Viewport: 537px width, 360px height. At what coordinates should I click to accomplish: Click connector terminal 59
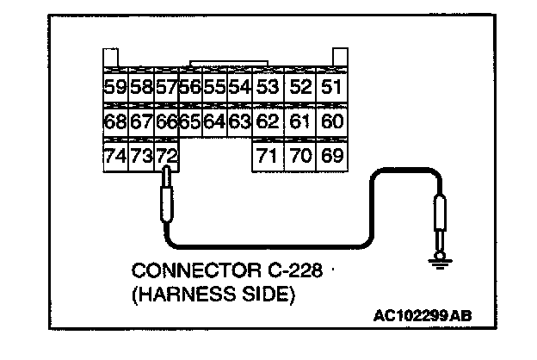click(x=114, y=86)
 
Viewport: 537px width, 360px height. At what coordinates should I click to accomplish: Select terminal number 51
click(x=331, y=86)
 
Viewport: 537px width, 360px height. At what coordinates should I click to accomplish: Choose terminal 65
click(x=190, y=121)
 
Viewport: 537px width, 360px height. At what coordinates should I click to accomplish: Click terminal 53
click(x=268, y=86)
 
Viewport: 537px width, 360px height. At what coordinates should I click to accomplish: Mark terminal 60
click(x=331, y=121)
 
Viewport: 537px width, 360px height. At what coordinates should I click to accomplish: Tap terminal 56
click(x=190, y=86)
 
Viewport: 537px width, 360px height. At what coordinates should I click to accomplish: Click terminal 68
click(x=114, y=121)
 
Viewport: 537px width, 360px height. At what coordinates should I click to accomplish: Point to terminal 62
click(x=268, y=121)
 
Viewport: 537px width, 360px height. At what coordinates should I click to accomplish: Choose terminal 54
click(x=239, y=86)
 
